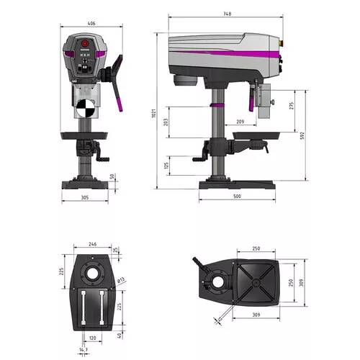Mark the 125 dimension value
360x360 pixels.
point(167,166)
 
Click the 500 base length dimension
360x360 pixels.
point(237,197)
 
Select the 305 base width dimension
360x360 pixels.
point(85,197)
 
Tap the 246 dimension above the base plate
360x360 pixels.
point(91,244)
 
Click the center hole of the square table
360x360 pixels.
point(256,283)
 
